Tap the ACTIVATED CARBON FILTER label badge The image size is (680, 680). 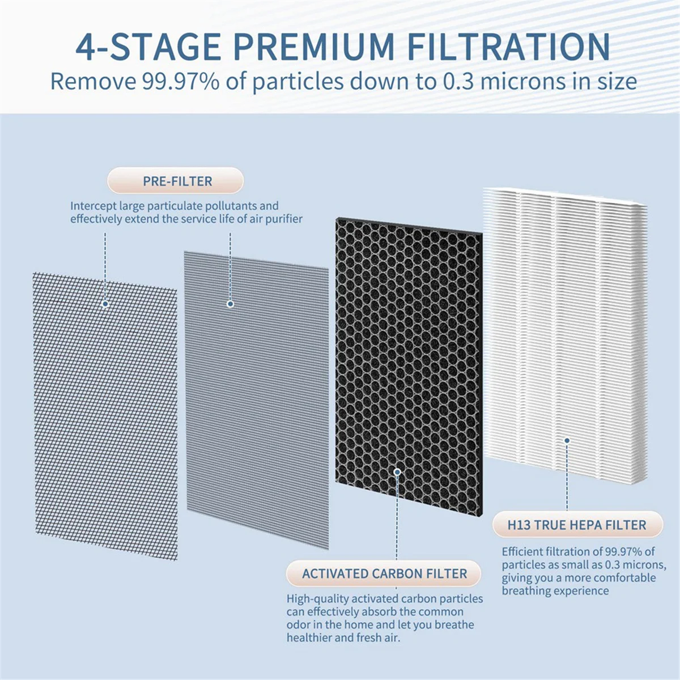384,573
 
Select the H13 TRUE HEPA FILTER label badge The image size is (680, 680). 576,525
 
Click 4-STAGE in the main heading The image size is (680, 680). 148,46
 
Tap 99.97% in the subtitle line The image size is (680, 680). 180,82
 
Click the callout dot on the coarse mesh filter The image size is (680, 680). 105,304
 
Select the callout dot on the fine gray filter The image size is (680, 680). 230,304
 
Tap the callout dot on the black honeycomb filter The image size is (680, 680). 397,471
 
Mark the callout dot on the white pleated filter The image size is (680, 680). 566,440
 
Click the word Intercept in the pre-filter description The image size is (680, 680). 93,206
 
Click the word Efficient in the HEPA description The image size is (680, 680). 522,551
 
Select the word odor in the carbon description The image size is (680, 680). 297,625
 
